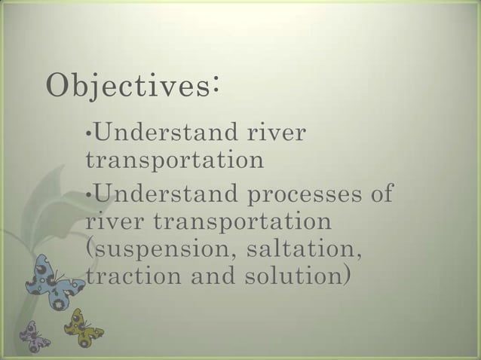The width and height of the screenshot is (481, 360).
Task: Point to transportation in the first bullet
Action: [x=175, y=160]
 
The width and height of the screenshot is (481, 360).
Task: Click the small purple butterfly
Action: [x=33, y=336]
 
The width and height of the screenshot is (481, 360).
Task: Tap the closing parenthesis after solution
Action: [x=346, y=276]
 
